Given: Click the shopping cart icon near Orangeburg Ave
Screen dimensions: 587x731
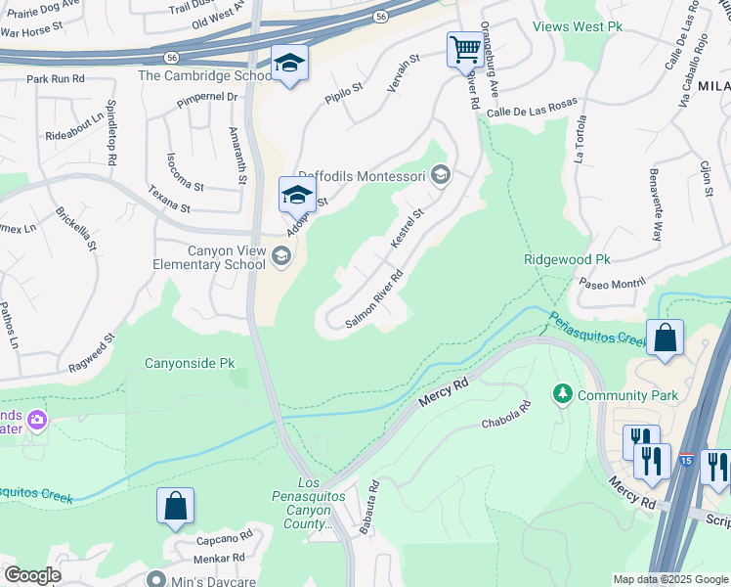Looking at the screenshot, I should click(466, 47).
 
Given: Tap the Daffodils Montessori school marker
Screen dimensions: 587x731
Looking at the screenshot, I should click(440, 176).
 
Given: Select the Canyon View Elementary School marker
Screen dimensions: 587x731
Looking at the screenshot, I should click(280, 257).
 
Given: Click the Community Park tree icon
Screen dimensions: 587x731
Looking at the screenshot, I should click(562, 394).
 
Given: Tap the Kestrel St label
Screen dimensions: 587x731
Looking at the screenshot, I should click(408, 228).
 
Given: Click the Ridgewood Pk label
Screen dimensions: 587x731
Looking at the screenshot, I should click(567, 259).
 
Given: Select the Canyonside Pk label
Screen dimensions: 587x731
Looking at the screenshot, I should click(190, 363).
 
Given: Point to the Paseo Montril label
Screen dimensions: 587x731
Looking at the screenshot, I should click(613, 282).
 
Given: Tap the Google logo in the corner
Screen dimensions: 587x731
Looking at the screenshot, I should click(32, 575).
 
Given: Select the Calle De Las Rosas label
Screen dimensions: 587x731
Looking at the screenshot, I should click(532, 107).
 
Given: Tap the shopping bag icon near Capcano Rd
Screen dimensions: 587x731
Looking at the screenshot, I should click(175, 505).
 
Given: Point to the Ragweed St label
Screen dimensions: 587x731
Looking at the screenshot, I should click(92, 351).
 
